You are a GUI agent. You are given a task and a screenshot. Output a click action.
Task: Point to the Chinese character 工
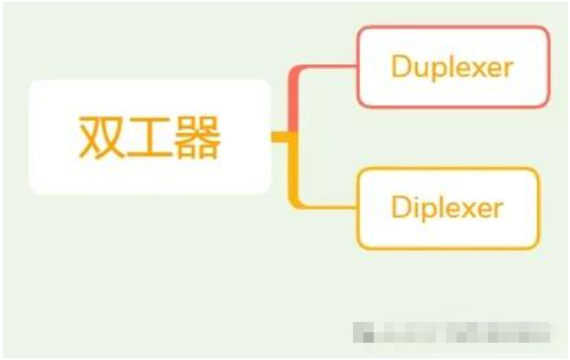point(149,137)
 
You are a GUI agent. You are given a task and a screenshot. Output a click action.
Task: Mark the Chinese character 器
point(198,137)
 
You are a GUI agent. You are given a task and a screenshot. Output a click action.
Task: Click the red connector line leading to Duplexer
point(324,67)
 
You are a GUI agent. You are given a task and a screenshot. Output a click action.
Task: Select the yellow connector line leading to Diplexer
point(324,206)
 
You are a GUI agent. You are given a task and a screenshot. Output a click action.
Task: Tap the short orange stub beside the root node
point(279,137)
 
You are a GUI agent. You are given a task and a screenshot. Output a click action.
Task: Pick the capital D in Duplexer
point(400,67)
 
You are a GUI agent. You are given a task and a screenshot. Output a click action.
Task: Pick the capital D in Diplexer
point(400,209)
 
